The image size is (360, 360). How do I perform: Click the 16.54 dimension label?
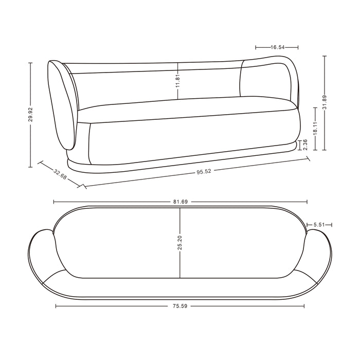point(278,47)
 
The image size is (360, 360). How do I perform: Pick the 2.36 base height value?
point(305,146)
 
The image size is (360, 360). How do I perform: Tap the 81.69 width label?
point(179,202)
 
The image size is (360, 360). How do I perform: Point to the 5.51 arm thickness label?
point(319,225)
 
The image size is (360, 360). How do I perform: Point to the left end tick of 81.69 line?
point(53,202)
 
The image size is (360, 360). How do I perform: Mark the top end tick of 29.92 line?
point(31,63)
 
